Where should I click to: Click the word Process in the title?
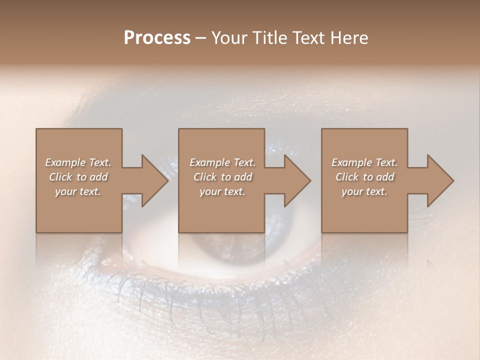click(157, 38)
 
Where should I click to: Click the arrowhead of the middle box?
click(296, 181)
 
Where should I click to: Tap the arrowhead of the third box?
click(439, 181)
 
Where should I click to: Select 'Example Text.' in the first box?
click(78, 162)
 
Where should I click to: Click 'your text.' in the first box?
click(78, 191)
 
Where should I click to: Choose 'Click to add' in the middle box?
click(222, 177)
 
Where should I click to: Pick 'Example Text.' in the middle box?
click(222, 162)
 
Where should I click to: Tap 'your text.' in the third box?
click(364, 191)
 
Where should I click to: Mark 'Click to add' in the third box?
click(364, 177)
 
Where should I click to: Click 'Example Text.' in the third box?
click(364, 162)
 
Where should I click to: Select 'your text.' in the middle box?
click(222, 191)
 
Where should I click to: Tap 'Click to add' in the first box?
click(78, 177)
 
